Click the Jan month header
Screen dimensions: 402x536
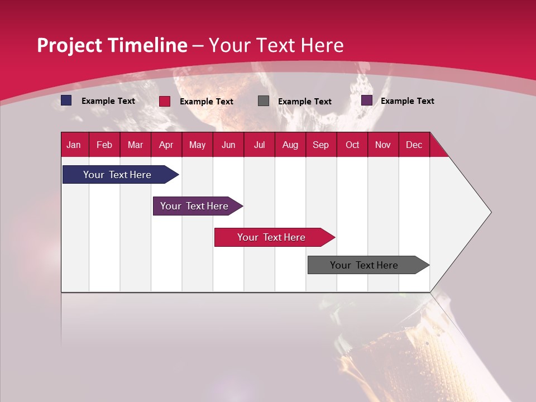click(x=74, y=145)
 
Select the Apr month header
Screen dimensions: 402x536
click(x=166, y=145)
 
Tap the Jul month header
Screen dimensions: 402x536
click(x=259, y=145)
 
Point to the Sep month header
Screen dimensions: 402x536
click(x=320, y=145)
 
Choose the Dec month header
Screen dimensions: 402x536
click(x=414, y=145)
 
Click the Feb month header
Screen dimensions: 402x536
click(x=104, y=145)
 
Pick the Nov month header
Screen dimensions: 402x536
click(x=382, y=145)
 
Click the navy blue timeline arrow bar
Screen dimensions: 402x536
click(x=117, y=175)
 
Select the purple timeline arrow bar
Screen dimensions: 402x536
click(x=194, y=206)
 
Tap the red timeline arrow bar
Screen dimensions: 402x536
click(x=271, y=237)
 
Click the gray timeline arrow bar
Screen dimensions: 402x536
click(x=364, y=265)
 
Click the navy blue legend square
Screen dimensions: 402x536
click(x=66, y=100)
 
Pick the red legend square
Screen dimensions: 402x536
click(x=165, y=101)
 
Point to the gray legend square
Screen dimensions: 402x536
click(x=264, y=101)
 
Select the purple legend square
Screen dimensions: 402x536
click(x=367, y=100)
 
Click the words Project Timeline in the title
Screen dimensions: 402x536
click(x=112, y=45)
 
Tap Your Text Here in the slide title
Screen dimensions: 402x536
click(x=276, y=45)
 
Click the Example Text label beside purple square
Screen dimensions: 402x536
click(x=407, y=100)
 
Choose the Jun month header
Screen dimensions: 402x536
click(x=228, y=145)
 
